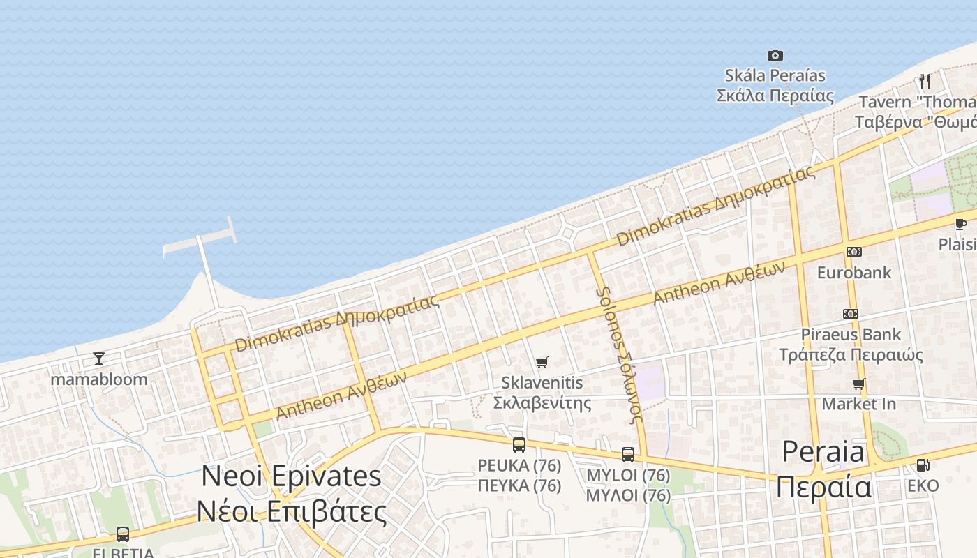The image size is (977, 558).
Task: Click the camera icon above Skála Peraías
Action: tap(775, 56)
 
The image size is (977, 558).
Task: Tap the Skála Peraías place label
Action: tap(775, 85)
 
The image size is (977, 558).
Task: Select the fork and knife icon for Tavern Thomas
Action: tap(925, 81)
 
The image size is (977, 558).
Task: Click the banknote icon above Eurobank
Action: tap(853, 252)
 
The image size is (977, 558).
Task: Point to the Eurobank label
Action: tap(854, 272)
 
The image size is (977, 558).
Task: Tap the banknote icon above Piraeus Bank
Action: tap(851, 314)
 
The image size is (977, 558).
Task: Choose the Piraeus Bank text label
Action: tap(851, 345)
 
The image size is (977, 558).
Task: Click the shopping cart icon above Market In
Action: tap(858, 384)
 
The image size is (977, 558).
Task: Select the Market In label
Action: tap(858, 404)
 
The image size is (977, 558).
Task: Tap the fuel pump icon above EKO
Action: tap(923, 465)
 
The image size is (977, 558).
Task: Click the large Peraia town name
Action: tap(823, 469)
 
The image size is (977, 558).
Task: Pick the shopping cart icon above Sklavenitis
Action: tap(542, 362)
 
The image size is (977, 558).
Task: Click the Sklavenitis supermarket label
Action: tap(542, 393)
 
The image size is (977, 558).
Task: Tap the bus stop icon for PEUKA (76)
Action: tap(519, 445)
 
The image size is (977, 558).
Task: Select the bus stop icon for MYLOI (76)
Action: tap(628, 455)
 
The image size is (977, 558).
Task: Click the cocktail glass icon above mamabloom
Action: tap(99, 359)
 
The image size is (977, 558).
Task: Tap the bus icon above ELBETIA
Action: tap(123, 534)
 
